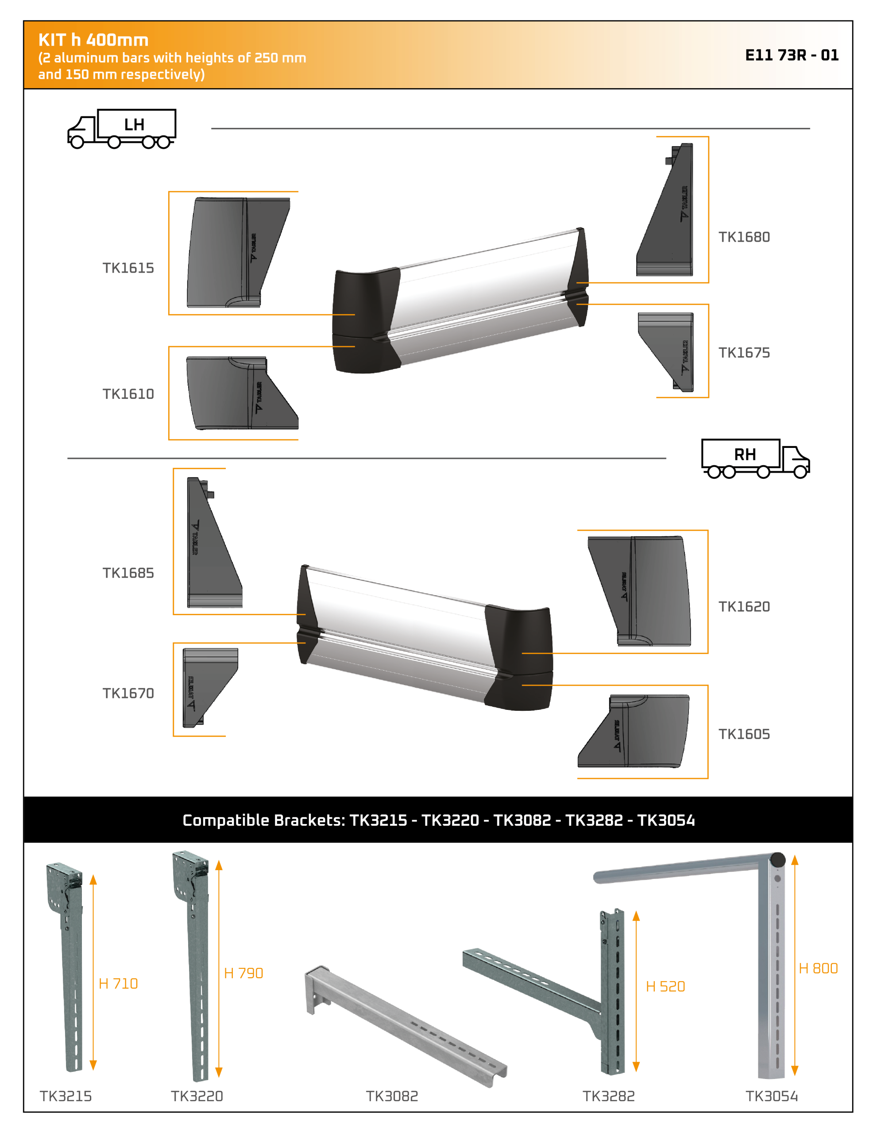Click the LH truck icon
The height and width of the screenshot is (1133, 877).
(x=122, y=129)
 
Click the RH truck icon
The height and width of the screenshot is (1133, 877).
(x=755, y=459)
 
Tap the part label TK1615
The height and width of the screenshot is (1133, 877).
(x=128, y=268)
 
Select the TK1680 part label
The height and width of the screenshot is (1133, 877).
(x=744, y=237)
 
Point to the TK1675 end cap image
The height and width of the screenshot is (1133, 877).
(x=666, y=352)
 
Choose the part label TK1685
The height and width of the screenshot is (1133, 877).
(x=128, y=573)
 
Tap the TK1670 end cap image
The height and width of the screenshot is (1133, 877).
(x=210, y=687)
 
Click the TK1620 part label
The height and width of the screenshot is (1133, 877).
(x=744, y=606)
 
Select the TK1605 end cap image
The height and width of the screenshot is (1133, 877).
(x=634, y=732)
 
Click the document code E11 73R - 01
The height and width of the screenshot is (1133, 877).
(x=792, y=55)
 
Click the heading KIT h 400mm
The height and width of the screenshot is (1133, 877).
(x=93, y=40)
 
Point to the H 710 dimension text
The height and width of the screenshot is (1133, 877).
(x=118, y=983)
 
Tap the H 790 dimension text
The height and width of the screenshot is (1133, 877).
(x=243, y=973)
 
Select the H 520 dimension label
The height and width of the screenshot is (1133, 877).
(x=665, y=987)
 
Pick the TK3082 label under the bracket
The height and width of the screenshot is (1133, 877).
(x=392, y=1096)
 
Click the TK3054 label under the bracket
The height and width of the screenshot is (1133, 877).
(x=772, y=1096)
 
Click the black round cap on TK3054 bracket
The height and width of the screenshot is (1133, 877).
(x=777, y=859)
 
